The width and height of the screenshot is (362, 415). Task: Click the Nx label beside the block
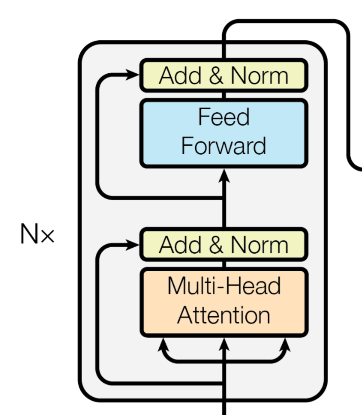pyautogui.click(x=37, y=234)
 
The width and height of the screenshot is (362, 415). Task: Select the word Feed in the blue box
pyautogui.click(x=223, y=117)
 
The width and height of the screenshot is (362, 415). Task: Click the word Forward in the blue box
pyautogui.click(x=223, y=146)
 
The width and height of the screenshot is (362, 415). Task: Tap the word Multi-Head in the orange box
pyautogui.click(x=224, y=286)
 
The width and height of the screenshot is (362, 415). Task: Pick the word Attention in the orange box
pyautogui.click(x=223, y=315)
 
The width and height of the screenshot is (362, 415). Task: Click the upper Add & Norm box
pyautogui.click(x=223, y=75)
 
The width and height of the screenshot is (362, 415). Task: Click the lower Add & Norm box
pyautogui.click(x=223, y=244)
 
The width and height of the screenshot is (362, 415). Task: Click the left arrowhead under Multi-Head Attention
pyautogui.click(x=163, y=345)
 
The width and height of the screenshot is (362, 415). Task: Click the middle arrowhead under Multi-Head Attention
pyautogui.click(x=224, y=344)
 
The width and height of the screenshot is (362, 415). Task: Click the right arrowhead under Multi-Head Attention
pyautogui.click(x=285, y=345)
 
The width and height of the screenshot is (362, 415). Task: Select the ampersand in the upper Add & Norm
pyautogui.click(x=216, y=75)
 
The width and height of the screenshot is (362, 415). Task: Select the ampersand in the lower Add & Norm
pyautogui.click(x=216, y=244)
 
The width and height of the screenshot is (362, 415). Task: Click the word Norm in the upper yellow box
pyautogui.click(x=259, y=76)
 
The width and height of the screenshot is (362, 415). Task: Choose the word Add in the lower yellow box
pyautogui.click(x=180, y=245)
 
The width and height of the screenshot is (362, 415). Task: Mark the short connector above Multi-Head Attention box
pyautogui.click(x=224, y=265)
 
